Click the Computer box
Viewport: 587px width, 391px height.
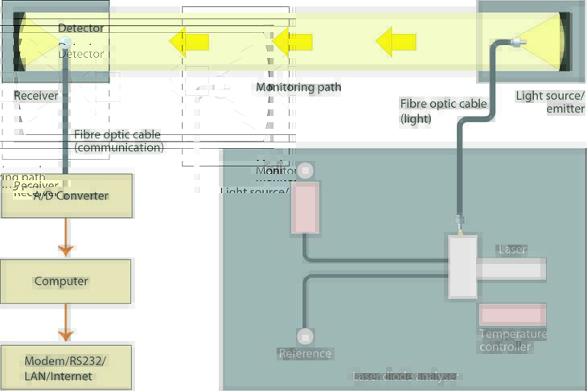[x=66, y=282]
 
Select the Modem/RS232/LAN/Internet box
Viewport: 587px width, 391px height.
[x=66, y=368]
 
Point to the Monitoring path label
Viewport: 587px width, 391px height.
[x=298, y=87]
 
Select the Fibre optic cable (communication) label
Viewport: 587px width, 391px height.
[x=117, y=141]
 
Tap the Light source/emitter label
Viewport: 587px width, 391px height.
[x=550, y=102]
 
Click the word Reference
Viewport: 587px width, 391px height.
[x=305, y=353]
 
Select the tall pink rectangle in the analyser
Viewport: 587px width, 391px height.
[x=305, y=208]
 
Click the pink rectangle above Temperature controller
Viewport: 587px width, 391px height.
[x=512, y=315]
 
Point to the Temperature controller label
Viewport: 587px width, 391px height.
[x=512, y=340]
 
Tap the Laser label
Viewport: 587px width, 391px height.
[x=512, y=249]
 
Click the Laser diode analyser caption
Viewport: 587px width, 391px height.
[x=406, y=377]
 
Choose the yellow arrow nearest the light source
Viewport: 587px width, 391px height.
[x=396, y=40]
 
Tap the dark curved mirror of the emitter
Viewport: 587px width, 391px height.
[x=566, y=40]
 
